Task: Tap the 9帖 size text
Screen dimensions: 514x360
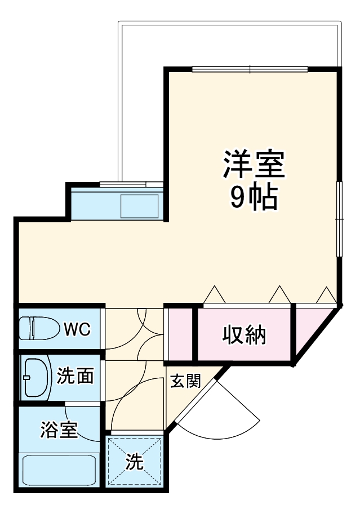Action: point(254,197)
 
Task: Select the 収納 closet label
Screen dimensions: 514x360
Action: point(244,335)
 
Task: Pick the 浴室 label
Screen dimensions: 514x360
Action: point(58,431)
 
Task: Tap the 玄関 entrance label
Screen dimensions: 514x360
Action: point(185,382)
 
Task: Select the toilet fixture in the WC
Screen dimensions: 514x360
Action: point(37,329)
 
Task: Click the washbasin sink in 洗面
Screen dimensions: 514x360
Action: point(32,377)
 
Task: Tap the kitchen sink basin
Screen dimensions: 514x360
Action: point(140,206)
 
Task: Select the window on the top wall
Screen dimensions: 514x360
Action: point(250,69)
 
